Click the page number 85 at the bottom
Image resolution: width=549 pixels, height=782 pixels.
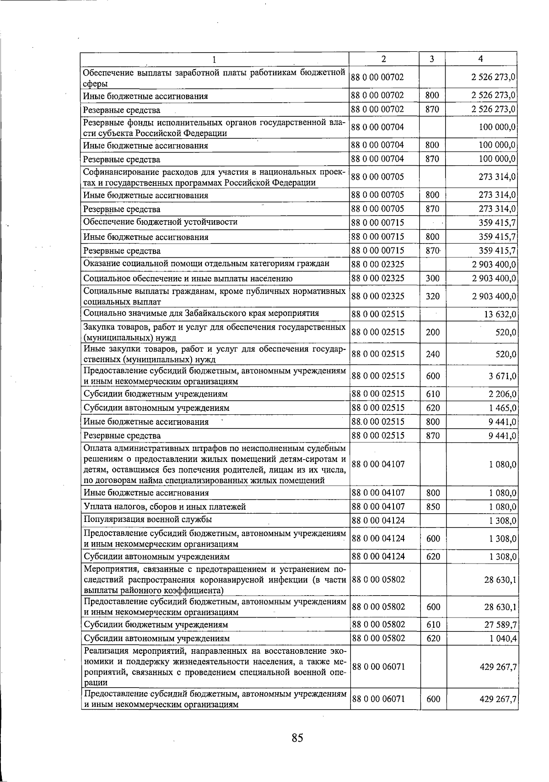(x=297, y=738)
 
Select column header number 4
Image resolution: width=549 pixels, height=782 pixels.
(x=480, y=59)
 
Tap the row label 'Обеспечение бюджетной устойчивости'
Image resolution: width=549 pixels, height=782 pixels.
(x=160, y=223)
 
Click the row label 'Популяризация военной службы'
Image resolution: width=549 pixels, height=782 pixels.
(x=147, y=520)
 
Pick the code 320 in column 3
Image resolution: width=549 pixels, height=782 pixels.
(x=432, y=297)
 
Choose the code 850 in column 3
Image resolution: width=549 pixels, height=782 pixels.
(x=432, y=507)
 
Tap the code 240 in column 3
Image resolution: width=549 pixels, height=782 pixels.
(x=432, y=354)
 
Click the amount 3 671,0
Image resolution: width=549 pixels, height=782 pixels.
(x=503, y=376)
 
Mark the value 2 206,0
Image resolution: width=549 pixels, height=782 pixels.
(x=503, y=394)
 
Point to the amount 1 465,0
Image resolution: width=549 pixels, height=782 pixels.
(x=503, y=408)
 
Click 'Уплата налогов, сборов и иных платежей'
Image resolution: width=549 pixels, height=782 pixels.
(x=165, y=507)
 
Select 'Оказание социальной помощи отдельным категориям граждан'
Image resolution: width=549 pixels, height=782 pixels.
(x=206, y=264)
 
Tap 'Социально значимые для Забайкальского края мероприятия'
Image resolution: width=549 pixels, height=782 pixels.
(x=201, y=314)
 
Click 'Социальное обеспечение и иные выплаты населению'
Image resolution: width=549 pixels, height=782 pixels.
(x=188, y=278)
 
